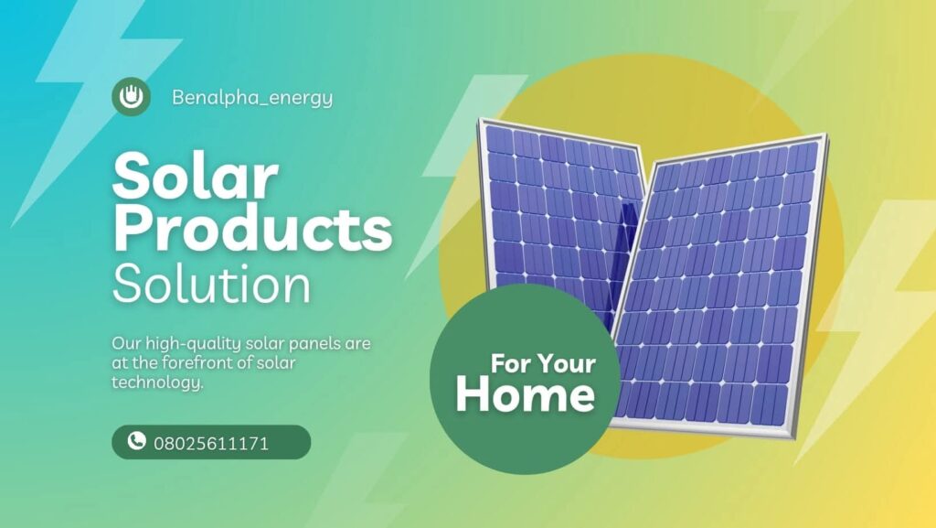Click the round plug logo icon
click(131, 96)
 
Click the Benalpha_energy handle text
click(252, 97)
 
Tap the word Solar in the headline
click(196, 176)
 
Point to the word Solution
click(211, 284)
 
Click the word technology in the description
click(157, 383)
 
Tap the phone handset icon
click(137, 441)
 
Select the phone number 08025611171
click(211, 444)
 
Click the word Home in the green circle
click(526, 394)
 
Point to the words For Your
click(543, 363)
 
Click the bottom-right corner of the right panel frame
click(795, 438)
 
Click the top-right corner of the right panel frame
click(826, 135)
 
